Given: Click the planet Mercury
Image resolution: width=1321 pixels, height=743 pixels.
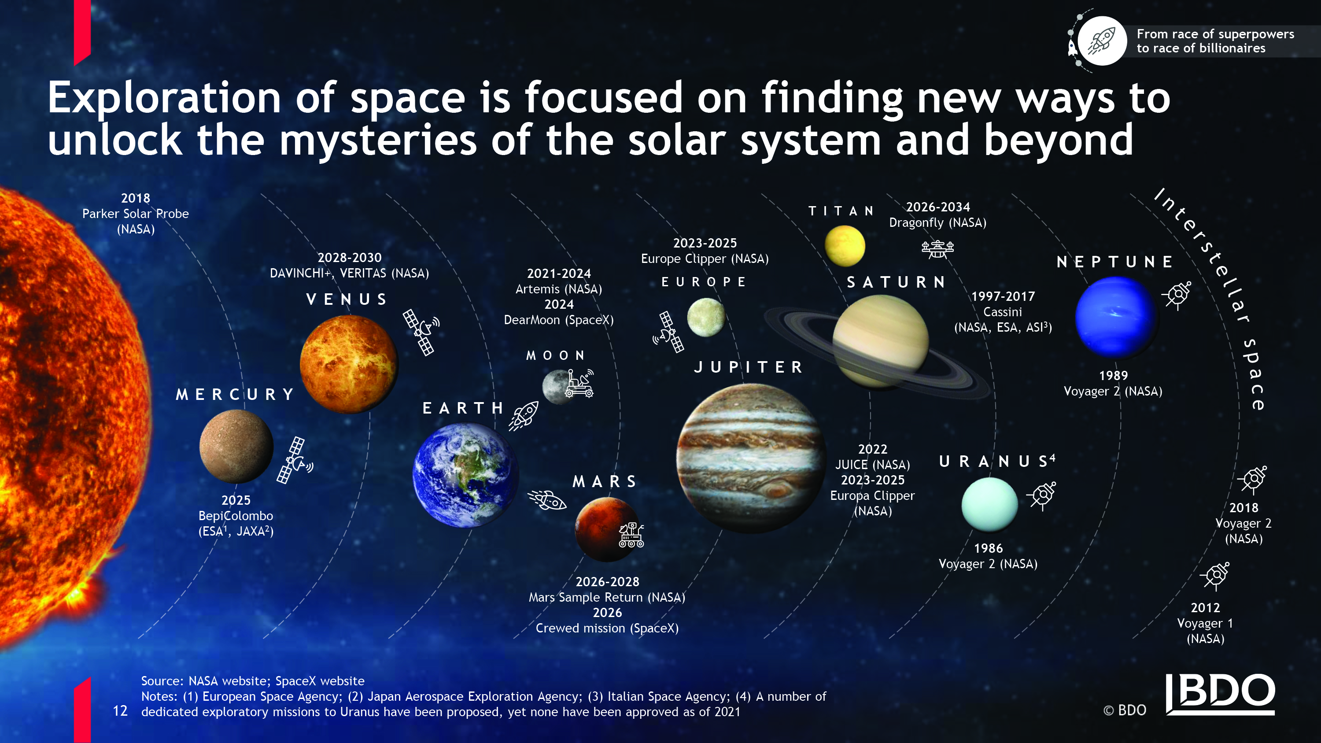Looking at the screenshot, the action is click(236, 446).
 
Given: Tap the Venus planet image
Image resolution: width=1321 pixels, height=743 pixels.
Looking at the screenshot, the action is click(349, 364).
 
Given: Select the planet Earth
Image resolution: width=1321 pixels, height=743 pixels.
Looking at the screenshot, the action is click(465, 475).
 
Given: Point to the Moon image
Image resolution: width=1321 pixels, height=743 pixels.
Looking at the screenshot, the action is click(558, 387).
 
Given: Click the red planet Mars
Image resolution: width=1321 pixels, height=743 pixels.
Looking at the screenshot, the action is click(607, 529).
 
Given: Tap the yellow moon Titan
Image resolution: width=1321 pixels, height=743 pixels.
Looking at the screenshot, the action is click(845, 246).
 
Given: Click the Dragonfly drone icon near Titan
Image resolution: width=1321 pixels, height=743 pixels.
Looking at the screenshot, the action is click(937, 249).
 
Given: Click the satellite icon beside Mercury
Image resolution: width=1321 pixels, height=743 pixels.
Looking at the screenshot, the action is click(294, 460).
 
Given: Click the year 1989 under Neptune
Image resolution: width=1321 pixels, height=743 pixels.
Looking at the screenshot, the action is click(1113, 376).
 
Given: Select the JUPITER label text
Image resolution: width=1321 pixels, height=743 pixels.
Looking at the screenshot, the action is click(749, 367).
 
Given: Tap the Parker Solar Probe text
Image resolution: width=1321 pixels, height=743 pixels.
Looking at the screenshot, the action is click(135, 214).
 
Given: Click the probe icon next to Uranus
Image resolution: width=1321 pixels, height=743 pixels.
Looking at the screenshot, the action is click(1041, 495).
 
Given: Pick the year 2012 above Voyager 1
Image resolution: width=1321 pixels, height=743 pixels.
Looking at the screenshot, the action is click(1205, 608).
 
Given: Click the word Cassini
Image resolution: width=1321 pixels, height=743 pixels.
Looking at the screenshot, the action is click(1003, 312).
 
